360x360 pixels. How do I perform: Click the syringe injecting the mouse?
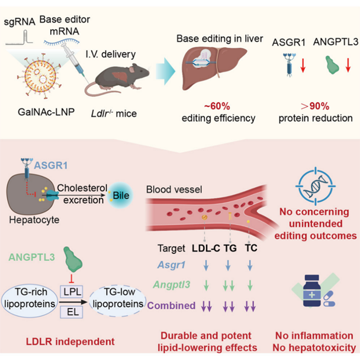point(75,62)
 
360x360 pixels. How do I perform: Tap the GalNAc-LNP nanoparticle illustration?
point(41,76)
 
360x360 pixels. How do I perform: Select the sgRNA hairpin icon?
point(20,37)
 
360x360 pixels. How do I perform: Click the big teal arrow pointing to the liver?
point(165,71)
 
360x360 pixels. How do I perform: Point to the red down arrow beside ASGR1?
point(303,65)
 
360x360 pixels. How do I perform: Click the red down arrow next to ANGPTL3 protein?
point(348,65)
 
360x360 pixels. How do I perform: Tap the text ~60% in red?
point(217,106)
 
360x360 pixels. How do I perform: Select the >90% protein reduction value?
point(315,106)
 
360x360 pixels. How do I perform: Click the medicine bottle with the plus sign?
point(311,291)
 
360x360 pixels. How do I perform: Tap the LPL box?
point(72,291)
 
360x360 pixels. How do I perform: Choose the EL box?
point(72,312)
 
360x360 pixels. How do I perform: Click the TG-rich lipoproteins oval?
point(30,298)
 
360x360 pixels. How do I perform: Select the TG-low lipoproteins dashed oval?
point(118,298)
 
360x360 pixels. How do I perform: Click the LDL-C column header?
point(206,248)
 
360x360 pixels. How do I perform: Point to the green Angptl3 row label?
point(172,285)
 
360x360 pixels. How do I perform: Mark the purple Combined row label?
point(171,306)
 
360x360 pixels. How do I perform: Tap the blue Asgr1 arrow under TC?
point(250,265)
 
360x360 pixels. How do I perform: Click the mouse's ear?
point(132,69)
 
